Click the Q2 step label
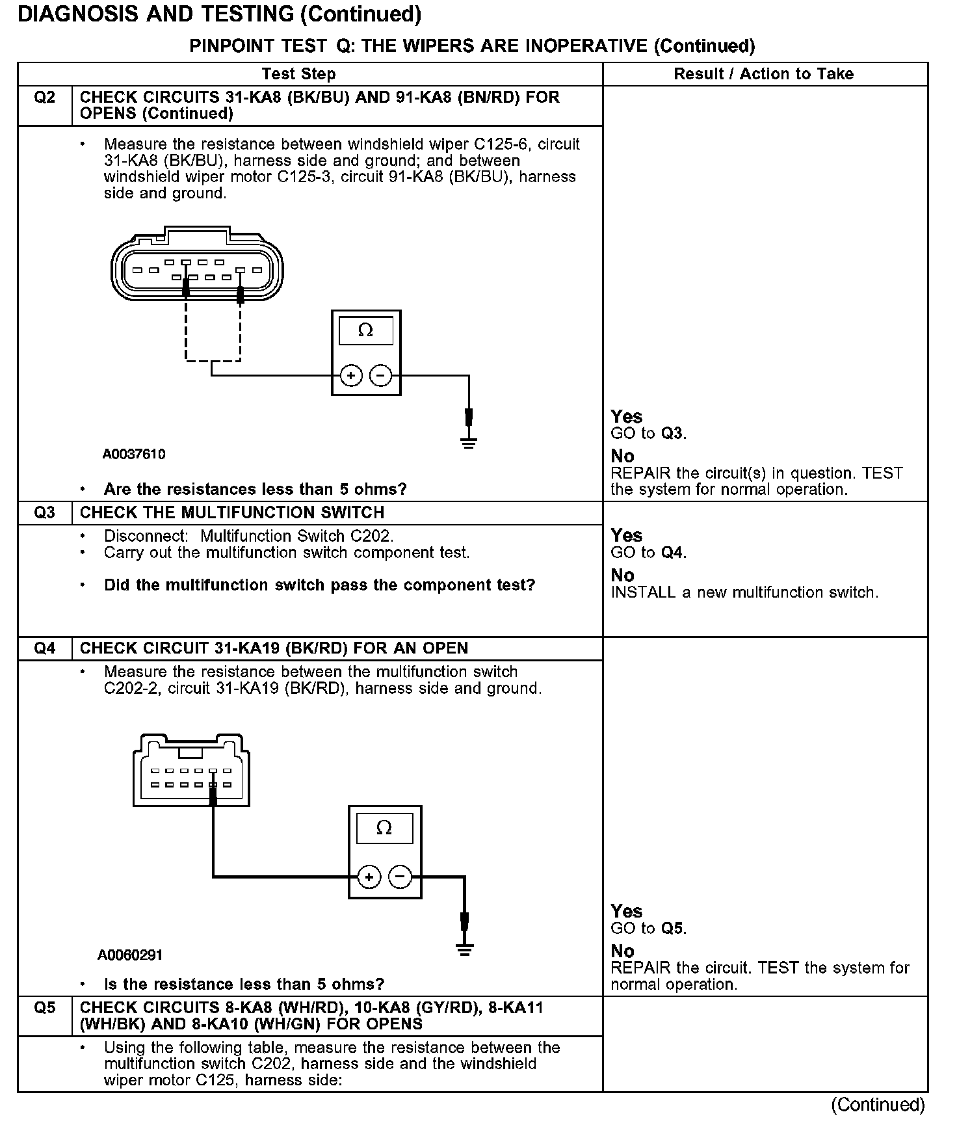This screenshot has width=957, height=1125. tap(44, 98)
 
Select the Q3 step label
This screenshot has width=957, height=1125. tap(44, 513)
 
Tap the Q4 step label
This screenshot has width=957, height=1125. tap(44, 648)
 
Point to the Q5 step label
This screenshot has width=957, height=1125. tap(44, 1009)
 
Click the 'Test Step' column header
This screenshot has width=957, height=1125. tap(298, 74)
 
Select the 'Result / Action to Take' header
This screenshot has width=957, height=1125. tap(763, 74)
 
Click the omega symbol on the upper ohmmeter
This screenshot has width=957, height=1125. tap(366, 330)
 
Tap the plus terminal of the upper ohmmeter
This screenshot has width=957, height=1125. tap(351, 376)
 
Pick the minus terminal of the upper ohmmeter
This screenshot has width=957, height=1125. tap(381, 376)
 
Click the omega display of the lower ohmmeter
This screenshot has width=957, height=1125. tap(384, 828)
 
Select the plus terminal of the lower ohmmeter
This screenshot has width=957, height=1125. tap(369, 877)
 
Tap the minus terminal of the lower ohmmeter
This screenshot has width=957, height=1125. tap(400, 877)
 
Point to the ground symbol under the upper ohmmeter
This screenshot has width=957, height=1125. tap(469, 443)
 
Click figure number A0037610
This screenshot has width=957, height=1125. tap(134, 455)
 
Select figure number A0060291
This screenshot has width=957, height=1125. tap(130, 955)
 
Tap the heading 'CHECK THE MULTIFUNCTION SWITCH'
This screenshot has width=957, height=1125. tap(232, 513)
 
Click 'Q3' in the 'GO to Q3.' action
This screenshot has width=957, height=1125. tap(672, 434)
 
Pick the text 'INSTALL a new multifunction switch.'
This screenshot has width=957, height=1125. tap(744, 592)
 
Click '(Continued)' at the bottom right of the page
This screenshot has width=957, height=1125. tap(878, 1105)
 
